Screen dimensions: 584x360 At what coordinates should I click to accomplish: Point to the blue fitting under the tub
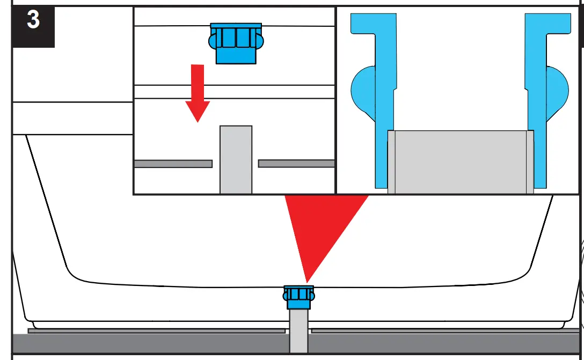pyautogui.click(x=298, y=298)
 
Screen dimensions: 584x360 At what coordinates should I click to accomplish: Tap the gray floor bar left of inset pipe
pyautogui.click(x=173, y=164)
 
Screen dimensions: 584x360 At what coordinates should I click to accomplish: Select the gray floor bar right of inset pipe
pyautogui.click(x=296, y=163)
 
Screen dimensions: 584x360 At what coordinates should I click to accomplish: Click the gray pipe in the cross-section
pyautogui.click(x=461, y=161)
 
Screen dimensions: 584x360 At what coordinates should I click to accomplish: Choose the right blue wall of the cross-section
pyautogui.click(x=537, y=107)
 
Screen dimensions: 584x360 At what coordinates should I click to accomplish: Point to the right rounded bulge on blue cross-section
pyautogui.click(x=558, y=89)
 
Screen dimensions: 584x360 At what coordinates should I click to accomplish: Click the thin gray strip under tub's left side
pyautogui.click(x=156, y=331)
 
